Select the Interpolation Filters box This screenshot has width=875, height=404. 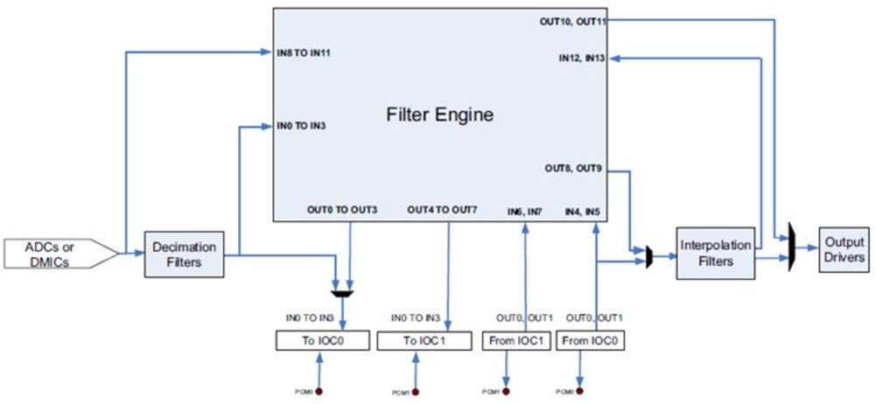[716, 254]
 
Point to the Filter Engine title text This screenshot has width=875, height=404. [440, 115]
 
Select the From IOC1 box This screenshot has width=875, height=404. [516, 339]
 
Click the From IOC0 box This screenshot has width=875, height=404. [592, 339]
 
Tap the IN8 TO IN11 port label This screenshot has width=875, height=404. [304, 53]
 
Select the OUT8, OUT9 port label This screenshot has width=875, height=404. [575, 168]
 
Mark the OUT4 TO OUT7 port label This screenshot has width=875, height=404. [442, 211]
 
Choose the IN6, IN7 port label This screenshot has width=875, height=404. [525, 211]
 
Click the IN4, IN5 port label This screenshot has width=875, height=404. [582, 211]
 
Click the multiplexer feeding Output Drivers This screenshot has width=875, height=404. [791, 247]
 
